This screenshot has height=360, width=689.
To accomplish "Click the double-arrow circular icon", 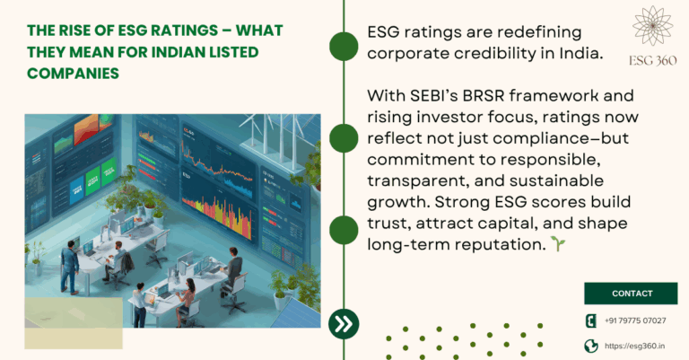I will (x=344, y=322).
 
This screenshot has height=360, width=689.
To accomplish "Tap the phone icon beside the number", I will (x=591, y=320).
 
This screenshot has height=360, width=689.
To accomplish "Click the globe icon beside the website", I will (x=591, y=346).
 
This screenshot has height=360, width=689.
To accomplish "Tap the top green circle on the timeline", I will (x=344, y=45).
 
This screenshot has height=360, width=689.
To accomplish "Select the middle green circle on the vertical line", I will (x=344, y=137).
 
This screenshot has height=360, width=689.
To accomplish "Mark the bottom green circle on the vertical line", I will (x=344, y=229).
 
